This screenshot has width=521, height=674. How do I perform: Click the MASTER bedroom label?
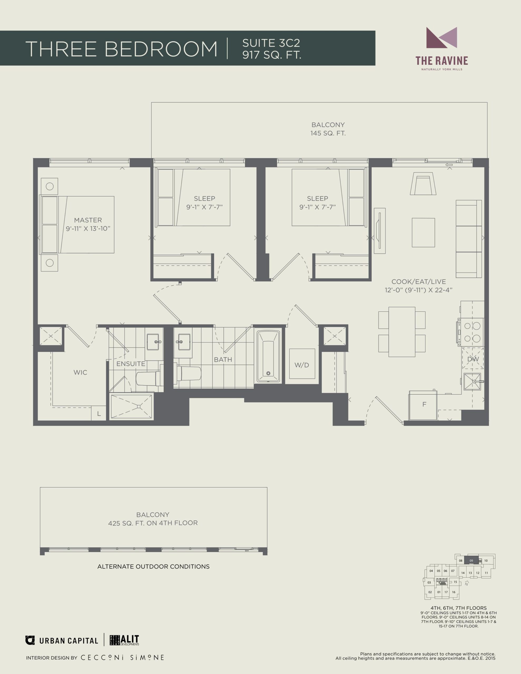(x=88, y=220)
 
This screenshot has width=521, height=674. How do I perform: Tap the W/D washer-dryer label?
(x=302, y=365)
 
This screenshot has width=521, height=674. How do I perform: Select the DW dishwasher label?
(x=473, y=359)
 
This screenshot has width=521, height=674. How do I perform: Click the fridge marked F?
(x=423, y=405)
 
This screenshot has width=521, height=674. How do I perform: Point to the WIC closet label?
(x=80, y=373)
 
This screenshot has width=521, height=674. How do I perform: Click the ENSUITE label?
(x=131, y=364)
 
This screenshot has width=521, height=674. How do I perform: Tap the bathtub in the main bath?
(x=268, y=356)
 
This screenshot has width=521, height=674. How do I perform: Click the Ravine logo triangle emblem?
(x=442, y=38)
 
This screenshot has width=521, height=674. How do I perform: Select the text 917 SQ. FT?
(x=272, y=54)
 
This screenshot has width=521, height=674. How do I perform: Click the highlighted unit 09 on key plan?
(x=471, y=561)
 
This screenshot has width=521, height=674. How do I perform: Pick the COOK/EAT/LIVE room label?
(x=419, y=281)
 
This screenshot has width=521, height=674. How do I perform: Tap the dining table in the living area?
(x=402, y=332)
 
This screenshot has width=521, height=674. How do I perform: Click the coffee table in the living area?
(x=423, y=232)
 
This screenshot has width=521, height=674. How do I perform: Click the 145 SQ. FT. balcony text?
(x=328, y=133)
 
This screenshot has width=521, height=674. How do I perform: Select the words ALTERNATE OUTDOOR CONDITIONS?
(x=154, y=566)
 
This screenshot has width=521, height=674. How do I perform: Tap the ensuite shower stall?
(x=131, y=406)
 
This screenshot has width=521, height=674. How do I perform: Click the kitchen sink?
(x=472, y=382)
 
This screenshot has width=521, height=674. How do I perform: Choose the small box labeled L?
(x=99, y=414)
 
